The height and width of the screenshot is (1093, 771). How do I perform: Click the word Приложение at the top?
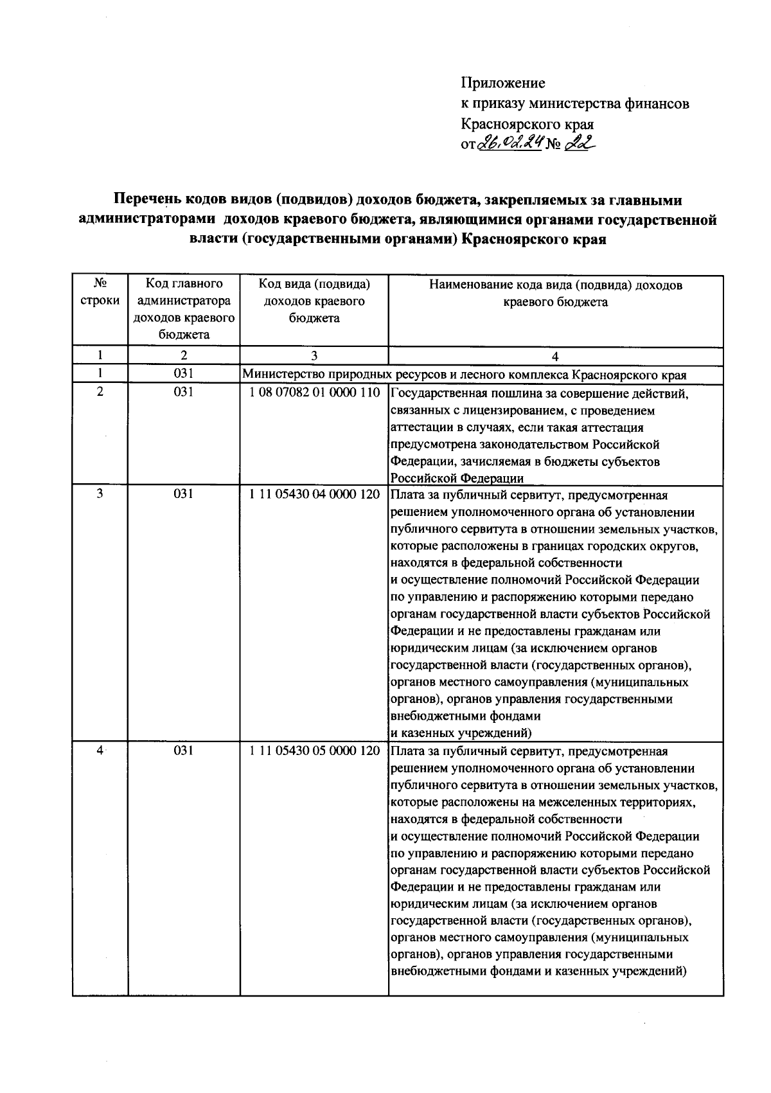click(503, 83)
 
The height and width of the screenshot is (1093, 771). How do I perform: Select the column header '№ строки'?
click(100, 292)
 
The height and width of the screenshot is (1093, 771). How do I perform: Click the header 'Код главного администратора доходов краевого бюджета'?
click(184, 308)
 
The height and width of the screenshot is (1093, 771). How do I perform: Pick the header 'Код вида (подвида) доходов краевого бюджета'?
click(314, 300)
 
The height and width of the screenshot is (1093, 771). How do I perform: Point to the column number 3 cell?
click(314, 356)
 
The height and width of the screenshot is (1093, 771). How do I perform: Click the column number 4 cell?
click(555, 357)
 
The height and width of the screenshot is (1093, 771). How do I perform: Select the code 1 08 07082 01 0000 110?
click(314, 393)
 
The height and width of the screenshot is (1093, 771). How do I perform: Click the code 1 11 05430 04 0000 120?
click(314, 495)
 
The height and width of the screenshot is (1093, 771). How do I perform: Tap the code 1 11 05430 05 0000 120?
click(314, 751)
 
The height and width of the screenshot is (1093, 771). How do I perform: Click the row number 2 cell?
click(100, 391)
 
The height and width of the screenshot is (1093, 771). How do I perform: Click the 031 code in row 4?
click(184, 751)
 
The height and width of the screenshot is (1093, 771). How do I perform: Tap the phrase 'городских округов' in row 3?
click(646, 546)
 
